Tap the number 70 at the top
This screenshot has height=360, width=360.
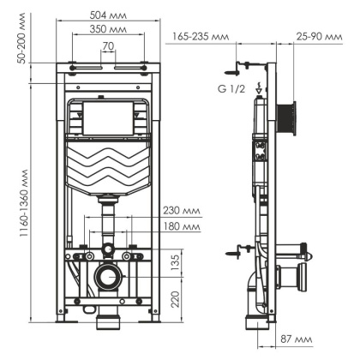[x=107, y=45]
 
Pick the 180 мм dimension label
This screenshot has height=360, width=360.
[x=180, y=227]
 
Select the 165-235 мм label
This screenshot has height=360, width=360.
[x=200, y=37]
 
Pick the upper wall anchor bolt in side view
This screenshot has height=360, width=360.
[x=243, y=65]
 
